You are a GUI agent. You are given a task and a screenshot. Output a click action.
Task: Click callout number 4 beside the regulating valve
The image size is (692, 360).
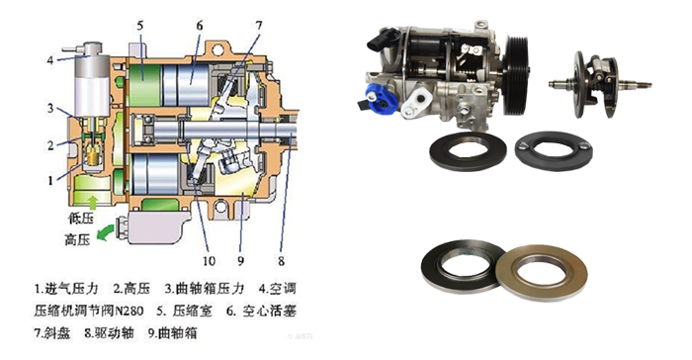coord(50,60)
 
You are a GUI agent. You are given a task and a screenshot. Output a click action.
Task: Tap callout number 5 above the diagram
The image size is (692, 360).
coord(140,25)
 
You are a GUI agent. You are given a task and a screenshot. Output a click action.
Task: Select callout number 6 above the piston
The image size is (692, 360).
coord(200,26)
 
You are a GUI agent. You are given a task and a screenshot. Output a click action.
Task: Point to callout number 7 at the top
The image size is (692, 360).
coord(259,25)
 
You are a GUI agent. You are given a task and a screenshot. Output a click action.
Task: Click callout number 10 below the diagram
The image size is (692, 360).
coord(209,261)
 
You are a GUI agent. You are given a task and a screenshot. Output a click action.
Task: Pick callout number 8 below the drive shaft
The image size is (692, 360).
coord(281,261)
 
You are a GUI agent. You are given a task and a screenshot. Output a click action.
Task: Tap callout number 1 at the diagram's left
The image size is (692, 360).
coord(50,180)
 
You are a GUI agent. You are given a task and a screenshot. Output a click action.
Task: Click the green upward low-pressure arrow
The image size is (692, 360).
coord(93,203)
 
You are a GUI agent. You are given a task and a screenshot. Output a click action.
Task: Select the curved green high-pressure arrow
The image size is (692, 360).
coord(105,233)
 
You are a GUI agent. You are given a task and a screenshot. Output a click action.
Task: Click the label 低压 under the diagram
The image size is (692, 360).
coord(81,218)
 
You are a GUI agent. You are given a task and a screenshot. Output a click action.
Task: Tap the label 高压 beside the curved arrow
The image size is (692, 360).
coord(78,240)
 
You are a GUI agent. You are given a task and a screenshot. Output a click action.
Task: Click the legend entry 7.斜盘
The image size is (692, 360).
coord(52,333)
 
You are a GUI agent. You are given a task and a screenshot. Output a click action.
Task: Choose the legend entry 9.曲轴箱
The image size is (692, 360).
coord(173,333)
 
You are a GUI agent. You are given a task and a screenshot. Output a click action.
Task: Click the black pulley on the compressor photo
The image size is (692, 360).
coord(517,75)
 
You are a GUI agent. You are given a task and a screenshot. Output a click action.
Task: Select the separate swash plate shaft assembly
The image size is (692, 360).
coord(600,84)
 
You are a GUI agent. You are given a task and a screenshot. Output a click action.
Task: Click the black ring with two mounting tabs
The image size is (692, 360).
coord(554,149)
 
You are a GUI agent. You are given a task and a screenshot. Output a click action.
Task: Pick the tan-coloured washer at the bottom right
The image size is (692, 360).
coord(542,273)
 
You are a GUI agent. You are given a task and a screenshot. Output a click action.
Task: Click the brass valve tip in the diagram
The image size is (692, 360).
coord(93,156)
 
